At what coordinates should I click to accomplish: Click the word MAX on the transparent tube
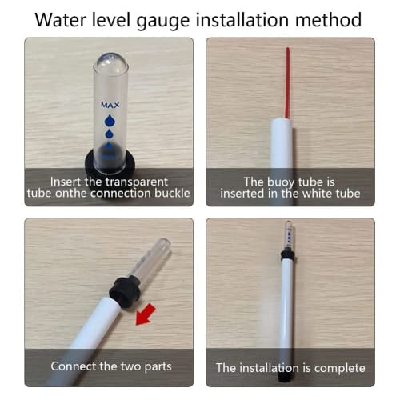[x=110, y=105]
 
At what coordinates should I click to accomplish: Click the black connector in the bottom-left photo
[x=123, y=287]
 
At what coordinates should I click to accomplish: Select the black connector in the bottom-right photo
[x=287, y=254]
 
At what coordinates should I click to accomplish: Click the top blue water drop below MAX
[x=109, y=120]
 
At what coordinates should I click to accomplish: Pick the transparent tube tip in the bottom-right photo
[x=288, y=228]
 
